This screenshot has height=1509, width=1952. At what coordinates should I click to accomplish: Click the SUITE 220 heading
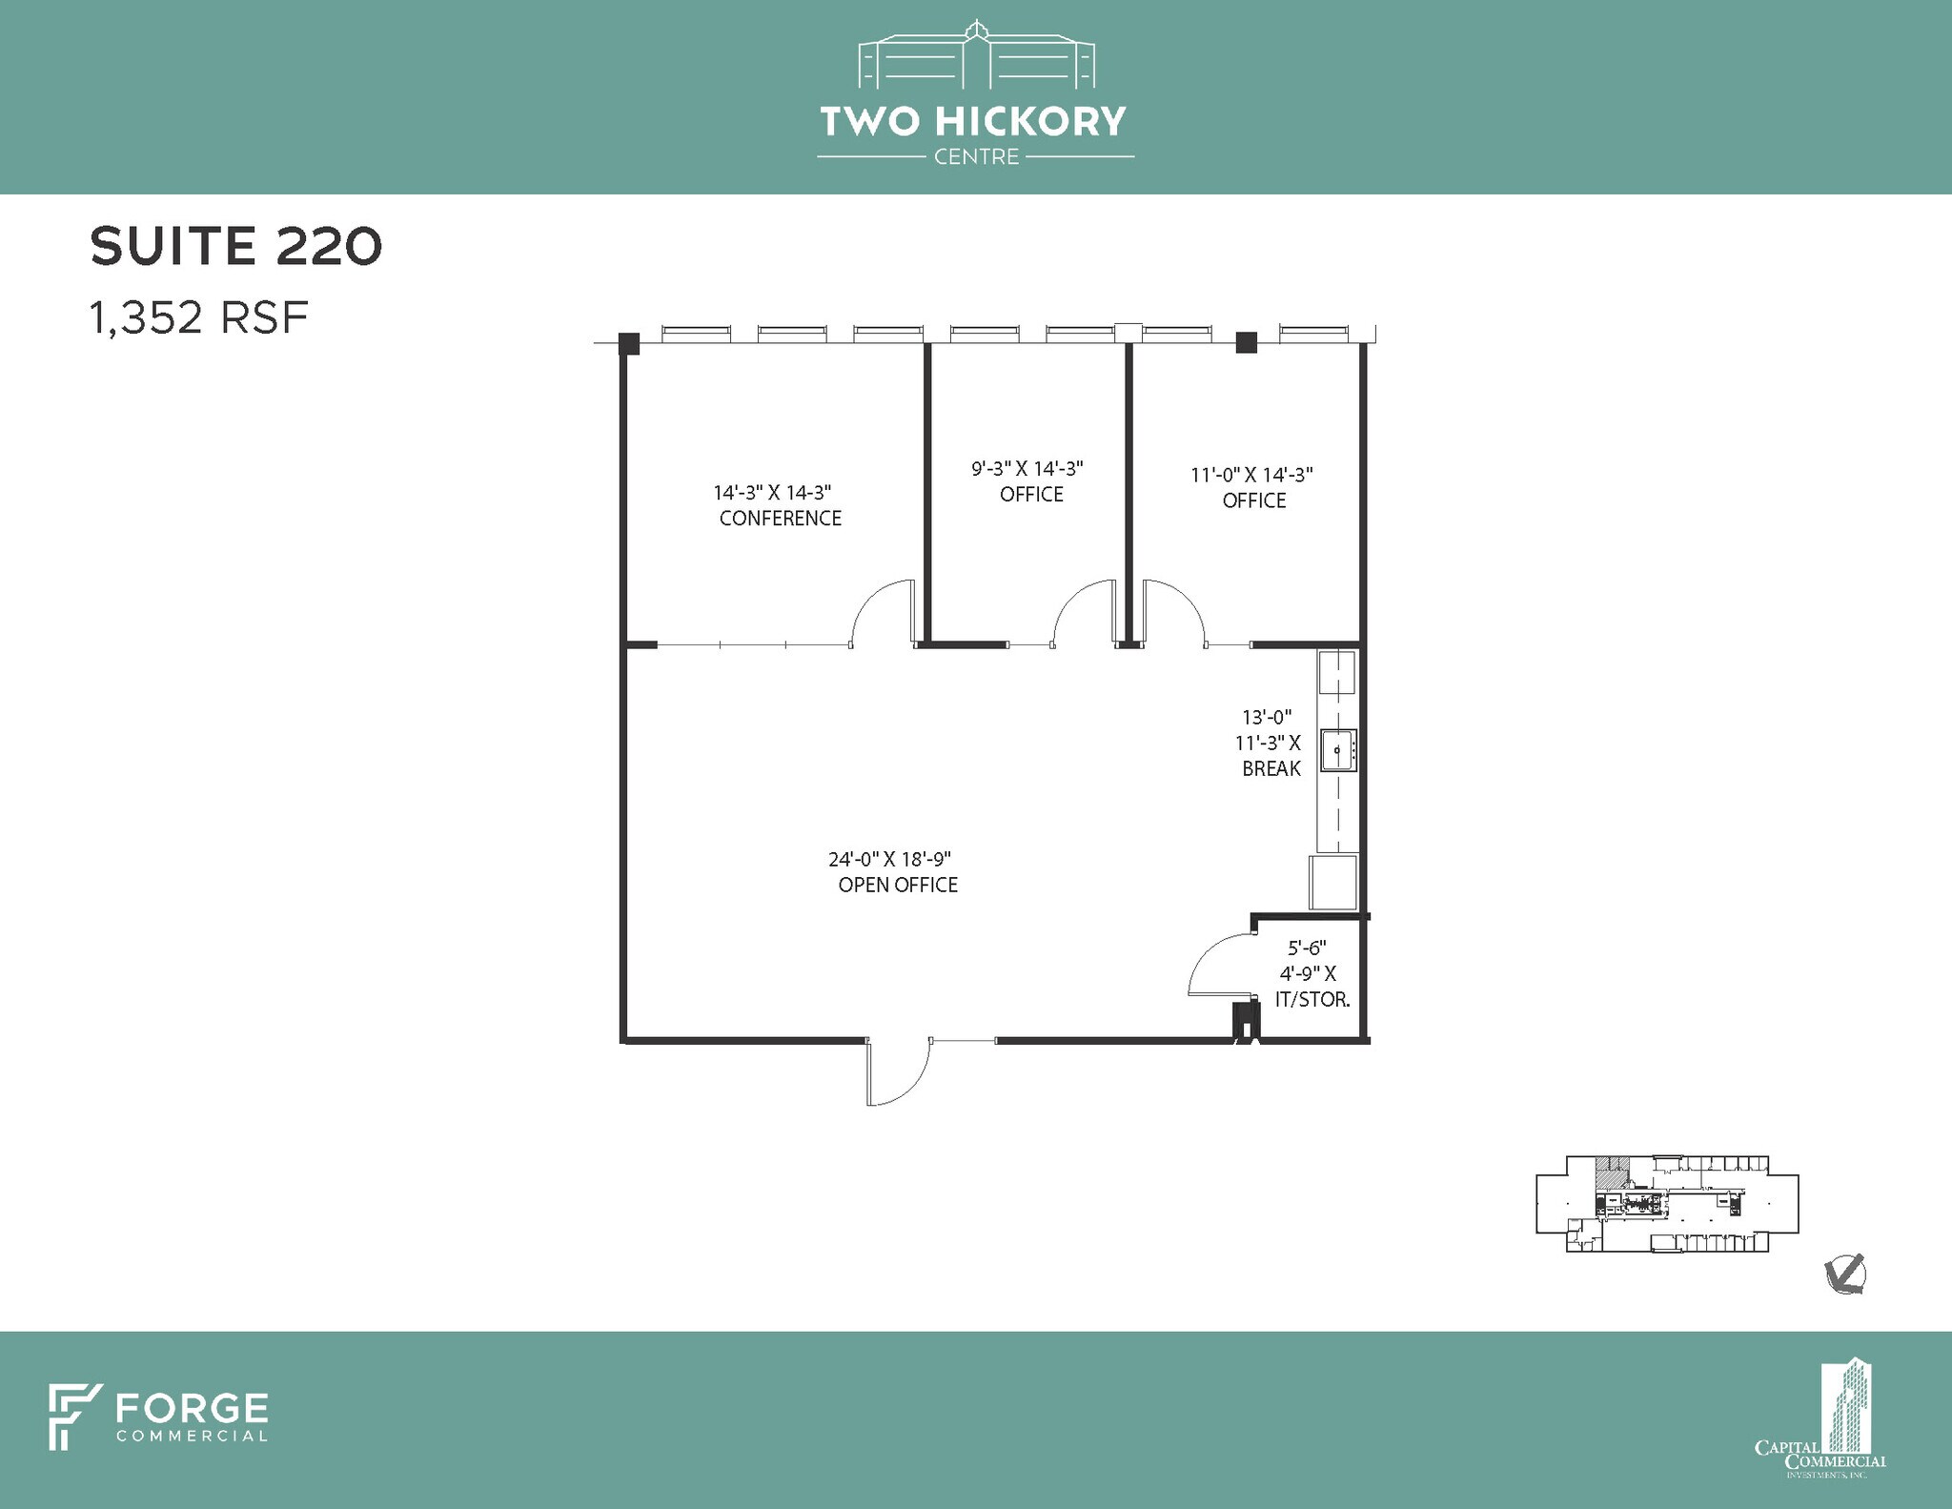[235, 246]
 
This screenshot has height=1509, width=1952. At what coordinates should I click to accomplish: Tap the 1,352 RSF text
[199, 317]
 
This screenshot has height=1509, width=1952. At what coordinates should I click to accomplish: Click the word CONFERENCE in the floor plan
[780, 519]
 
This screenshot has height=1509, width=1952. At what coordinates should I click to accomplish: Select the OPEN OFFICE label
[898, 885]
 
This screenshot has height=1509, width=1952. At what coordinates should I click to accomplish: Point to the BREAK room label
[1271, 768]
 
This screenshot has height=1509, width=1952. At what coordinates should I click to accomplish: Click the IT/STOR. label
[1312, 1000]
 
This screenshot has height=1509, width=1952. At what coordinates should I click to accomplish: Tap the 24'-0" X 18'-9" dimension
[890, 859]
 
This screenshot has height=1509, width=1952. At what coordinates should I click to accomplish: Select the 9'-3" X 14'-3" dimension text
[1027, 469]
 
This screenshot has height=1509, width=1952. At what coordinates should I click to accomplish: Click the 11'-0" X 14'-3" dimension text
[1252, 475]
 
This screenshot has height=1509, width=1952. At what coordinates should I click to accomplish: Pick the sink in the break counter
[1338, 750]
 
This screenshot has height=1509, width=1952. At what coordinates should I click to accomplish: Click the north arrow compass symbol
[1845, 1274]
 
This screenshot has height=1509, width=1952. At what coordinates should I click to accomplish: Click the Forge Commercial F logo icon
[75, 1417]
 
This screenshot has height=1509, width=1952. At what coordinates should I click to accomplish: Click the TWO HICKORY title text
[973, 121]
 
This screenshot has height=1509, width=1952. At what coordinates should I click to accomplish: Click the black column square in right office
[1247, 342]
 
